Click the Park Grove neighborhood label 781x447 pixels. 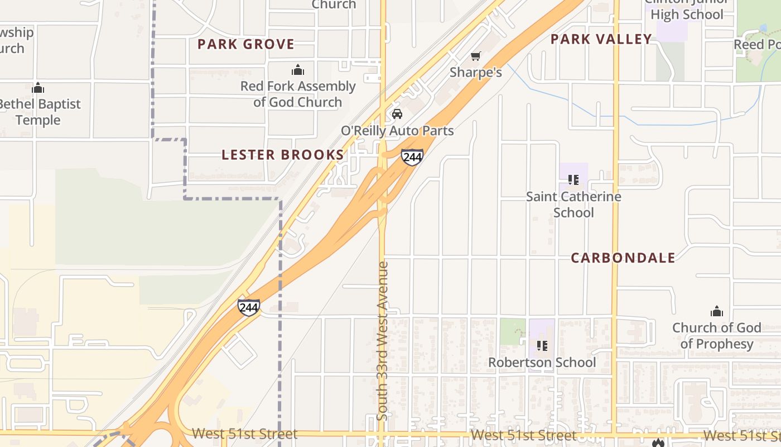(245, 44)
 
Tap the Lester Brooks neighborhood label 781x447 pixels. (283, 155)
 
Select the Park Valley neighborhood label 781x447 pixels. (601, 39)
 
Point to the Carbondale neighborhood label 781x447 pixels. (623, 258)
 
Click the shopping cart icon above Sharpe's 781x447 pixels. (475, 56)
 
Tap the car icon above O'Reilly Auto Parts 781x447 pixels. (397, 114)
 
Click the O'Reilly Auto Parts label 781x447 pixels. (397, 131)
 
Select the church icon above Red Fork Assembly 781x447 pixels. (298, 70)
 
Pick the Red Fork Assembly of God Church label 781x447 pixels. (298, 94)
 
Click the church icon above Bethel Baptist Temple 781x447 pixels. (38, 88)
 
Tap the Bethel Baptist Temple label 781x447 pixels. (39, 112)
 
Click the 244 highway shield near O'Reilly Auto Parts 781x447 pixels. (412, 158)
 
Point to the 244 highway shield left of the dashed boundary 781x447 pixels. (248, 307)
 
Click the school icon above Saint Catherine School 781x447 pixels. (573, 180)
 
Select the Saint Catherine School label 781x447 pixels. (573, 205)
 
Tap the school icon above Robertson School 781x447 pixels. (542, 346)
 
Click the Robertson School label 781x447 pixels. (542, 363)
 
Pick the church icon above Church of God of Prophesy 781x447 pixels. (716, 311)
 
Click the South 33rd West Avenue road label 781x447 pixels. (383, 341)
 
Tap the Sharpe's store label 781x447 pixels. (476, 72)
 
